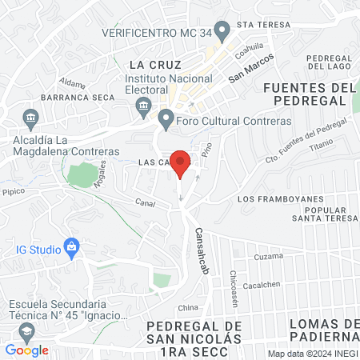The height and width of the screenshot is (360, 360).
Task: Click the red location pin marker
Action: click(x=181, y=163)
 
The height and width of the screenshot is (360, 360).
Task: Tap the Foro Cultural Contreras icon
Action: click(x=166, y=121)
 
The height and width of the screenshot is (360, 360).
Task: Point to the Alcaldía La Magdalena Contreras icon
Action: click(x=30, y=118)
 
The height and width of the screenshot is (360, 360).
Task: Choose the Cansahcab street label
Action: click(x=199, y=249)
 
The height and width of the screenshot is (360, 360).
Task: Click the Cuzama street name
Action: click(x=269, y=258)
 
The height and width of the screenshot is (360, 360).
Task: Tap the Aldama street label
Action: click(x=72, y=83)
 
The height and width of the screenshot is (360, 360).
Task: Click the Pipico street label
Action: click(x=14, y=192)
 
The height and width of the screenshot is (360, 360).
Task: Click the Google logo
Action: click(x=26, y=350)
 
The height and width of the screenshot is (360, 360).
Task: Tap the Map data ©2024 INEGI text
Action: click(x=313, y=354)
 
